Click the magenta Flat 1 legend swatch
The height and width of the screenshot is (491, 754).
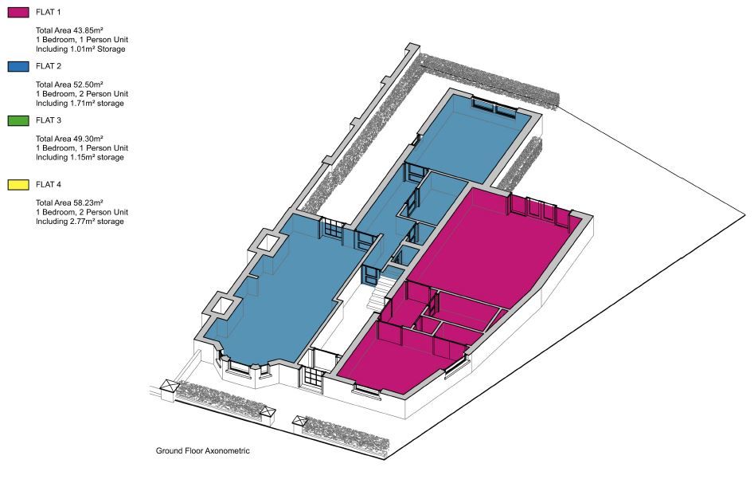[18, 13]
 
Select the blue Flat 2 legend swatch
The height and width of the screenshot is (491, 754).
[18, 67]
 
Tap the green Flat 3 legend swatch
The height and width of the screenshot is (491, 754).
[18, 120]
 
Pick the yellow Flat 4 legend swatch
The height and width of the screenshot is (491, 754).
[18, 185]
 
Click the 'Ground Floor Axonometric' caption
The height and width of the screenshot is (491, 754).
[203, 451]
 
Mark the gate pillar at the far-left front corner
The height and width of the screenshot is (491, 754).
[170, 390]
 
